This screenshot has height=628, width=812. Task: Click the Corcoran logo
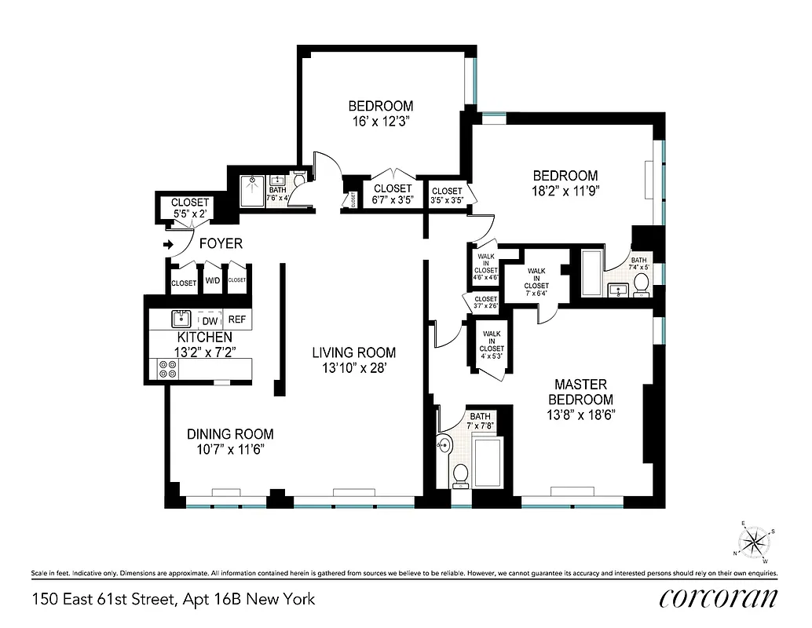[x=719, y=598]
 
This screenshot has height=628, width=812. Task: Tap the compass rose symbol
[x=755, y=542]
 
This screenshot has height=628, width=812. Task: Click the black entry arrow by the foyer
[x=167, y=245]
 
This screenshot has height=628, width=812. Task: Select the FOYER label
[x=221, y=244]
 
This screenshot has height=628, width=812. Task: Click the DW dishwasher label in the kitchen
[x=210, y=320]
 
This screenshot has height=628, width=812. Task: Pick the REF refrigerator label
[x=236, y=319]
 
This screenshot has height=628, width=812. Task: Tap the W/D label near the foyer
[x=213, y=281]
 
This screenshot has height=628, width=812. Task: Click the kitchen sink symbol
[x=181, y=319]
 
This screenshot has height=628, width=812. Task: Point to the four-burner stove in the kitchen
[x=166, y=369]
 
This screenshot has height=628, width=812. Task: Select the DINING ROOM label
[x=230, y=434]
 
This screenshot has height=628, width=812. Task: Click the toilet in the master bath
[x=461, y=473]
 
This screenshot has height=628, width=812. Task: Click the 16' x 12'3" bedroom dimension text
[x=381, y=122]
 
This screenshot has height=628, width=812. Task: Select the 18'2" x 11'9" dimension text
[x=565, y=191]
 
